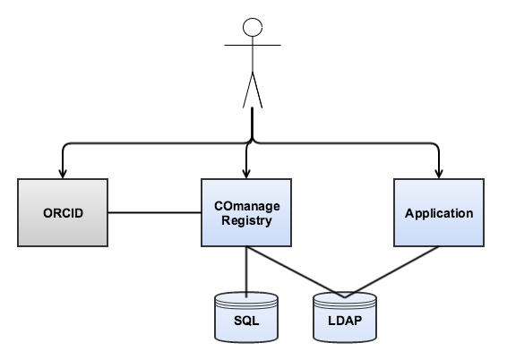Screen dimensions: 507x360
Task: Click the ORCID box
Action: [x=63, y=212]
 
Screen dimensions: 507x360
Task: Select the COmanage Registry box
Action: [x=246, y=212]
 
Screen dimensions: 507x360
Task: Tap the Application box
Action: [x=439, y=212]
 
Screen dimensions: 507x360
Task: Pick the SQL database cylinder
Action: [x=246, y=317]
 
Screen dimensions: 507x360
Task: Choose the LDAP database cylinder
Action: [x=345, y=317]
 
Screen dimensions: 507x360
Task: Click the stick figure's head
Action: [x=253, y=27]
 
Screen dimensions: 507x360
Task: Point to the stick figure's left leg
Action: [x=248, y=90]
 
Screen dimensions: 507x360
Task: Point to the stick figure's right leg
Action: [x=257, y=90]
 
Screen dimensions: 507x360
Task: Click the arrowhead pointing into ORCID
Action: [x=63, y=174]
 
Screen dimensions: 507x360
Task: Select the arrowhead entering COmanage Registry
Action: [x=246, y=174]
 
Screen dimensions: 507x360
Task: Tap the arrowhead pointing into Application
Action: [x=439, y=174]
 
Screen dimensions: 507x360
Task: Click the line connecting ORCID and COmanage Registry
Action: [x=155, y=212]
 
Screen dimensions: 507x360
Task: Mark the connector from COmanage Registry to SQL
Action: [x=246, y=272]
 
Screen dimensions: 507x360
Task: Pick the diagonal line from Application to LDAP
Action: [x=391, y=272]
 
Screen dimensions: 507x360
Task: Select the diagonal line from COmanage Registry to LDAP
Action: [x=296, y=272]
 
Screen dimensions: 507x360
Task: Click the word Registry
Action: [x=246, y=221]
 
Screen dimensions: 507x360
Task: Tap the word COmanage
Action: [x=247, y=206]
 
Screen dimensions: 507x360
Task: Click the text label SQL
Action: [x=246, y=321]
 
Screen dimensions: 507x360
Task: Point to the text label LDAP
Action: [x=345, y=321]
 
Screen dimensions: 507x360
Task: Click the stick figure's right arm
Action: [x=267, y=45]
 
